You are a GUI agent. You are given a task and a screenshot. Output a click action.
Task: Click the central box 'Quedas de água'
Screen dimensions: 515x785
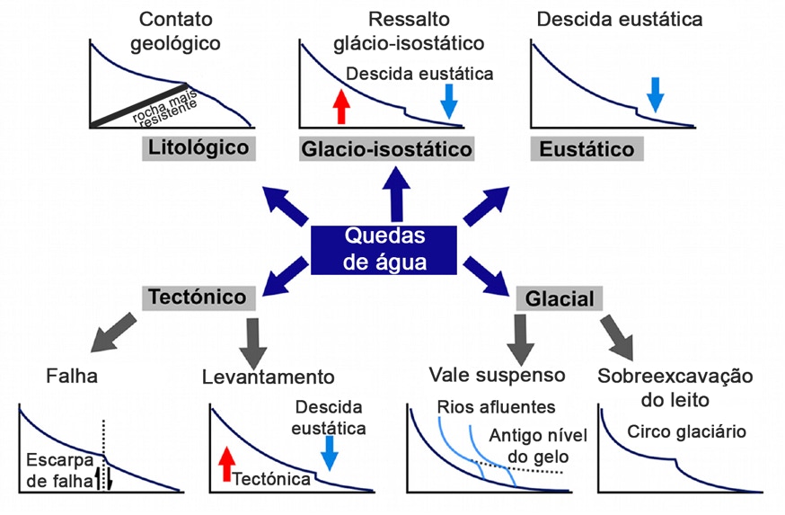387,250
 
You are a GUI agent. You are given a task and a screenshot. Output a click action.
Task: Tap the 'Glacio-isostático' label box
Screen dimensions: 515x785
387,149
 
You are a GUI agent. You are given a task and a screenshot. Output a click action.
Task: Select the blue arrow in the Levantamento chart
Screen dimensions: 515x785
331,452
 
